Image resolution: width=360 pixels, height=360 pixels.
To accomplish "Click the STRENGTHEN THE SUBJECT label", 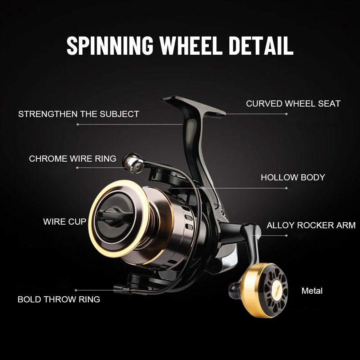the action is [x=78, y=114].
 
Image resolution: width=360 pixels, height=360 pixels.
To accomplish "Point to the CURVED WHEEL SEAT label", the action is [x=293, y=104].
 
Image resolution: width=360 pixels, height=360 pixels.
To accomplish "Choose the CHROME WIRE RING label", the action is [x=72, y=158].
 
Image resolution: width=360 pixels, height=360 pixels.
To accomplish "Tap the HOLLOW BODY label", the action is [x=293, y=177].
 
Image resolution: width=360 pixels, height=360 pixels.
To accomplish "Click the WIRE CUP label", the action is [x=65, y=221].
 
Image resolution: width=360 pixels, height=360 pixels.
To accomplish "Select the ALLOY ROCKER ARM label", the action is [x=311, y=225].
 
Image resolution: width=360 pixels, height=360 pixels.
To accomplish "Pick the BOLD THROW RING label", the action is [x=59, y=299].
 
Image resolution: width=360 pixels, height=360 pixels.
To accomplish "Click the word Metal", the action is [x=312, y=291].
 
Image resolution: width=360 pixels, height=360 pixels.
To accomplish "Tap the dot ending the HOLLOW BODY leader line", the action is [x=287, y=188].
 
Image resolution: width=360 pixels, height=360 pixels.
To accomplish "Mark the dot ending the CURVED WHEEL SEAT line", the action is [x=287, y=114].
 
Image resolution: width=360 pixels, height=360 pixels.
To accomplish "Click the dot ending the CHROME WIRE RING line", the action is [x=77, y=168].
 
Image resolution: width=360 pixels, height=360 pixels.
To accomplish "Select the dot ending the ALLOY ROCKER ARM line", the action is [x=287, y=236].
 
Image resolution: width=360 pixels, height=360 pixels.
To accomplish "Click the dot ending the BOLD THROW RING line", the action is [x=76, y=290].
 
